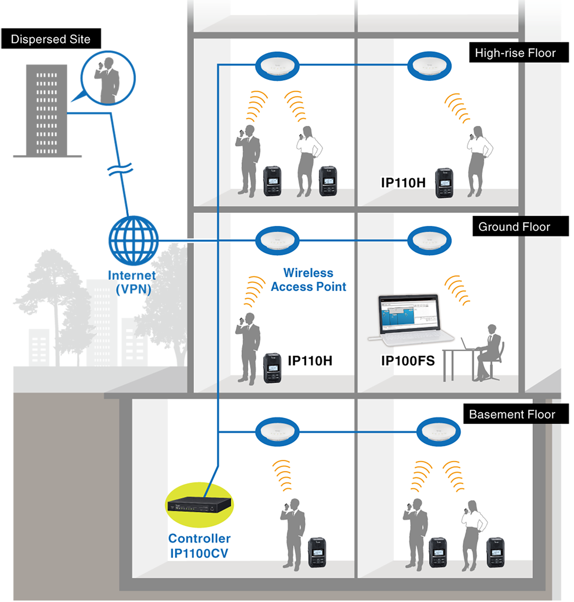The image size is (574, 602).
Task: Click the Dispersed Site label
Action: click(51, 39)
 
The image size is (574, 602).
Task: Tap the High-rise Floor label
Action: click(515, 53)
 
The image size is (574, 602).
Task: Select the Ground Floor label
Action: click(514, 227)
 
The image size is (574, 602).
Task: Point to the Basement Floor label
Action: click(512, 415)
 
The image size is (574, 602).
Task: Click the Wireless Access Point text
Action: click(309, 280)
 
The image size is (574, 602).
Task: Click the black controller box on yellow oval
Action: click(199, 505)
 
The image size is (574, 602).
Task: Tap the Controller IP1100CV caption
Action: click(199, 546)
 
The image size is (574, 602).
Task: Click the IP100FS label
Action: click(408, 361)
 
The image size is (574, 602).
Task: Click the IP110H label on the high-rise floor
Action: click(403, 183)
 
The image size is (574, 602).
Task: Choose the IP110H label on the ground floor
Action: click(310, 361)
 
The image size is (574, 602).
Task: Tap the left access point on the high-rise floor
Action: click(277, 66)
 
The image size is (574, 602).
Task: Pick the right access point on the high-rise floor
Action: click(429, 66)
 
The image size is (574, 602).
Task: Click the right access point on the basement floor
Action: click(438, 431)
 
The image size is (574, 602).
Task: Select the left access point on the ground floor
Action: click(277, 240)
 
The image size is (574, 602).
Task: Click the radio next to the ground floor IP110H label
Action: click(272, 368)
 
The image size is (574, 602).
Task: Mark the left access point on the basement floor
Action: click(277, 431)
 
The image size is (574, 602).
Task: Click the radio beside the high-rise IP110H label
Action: click(444, 183)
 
